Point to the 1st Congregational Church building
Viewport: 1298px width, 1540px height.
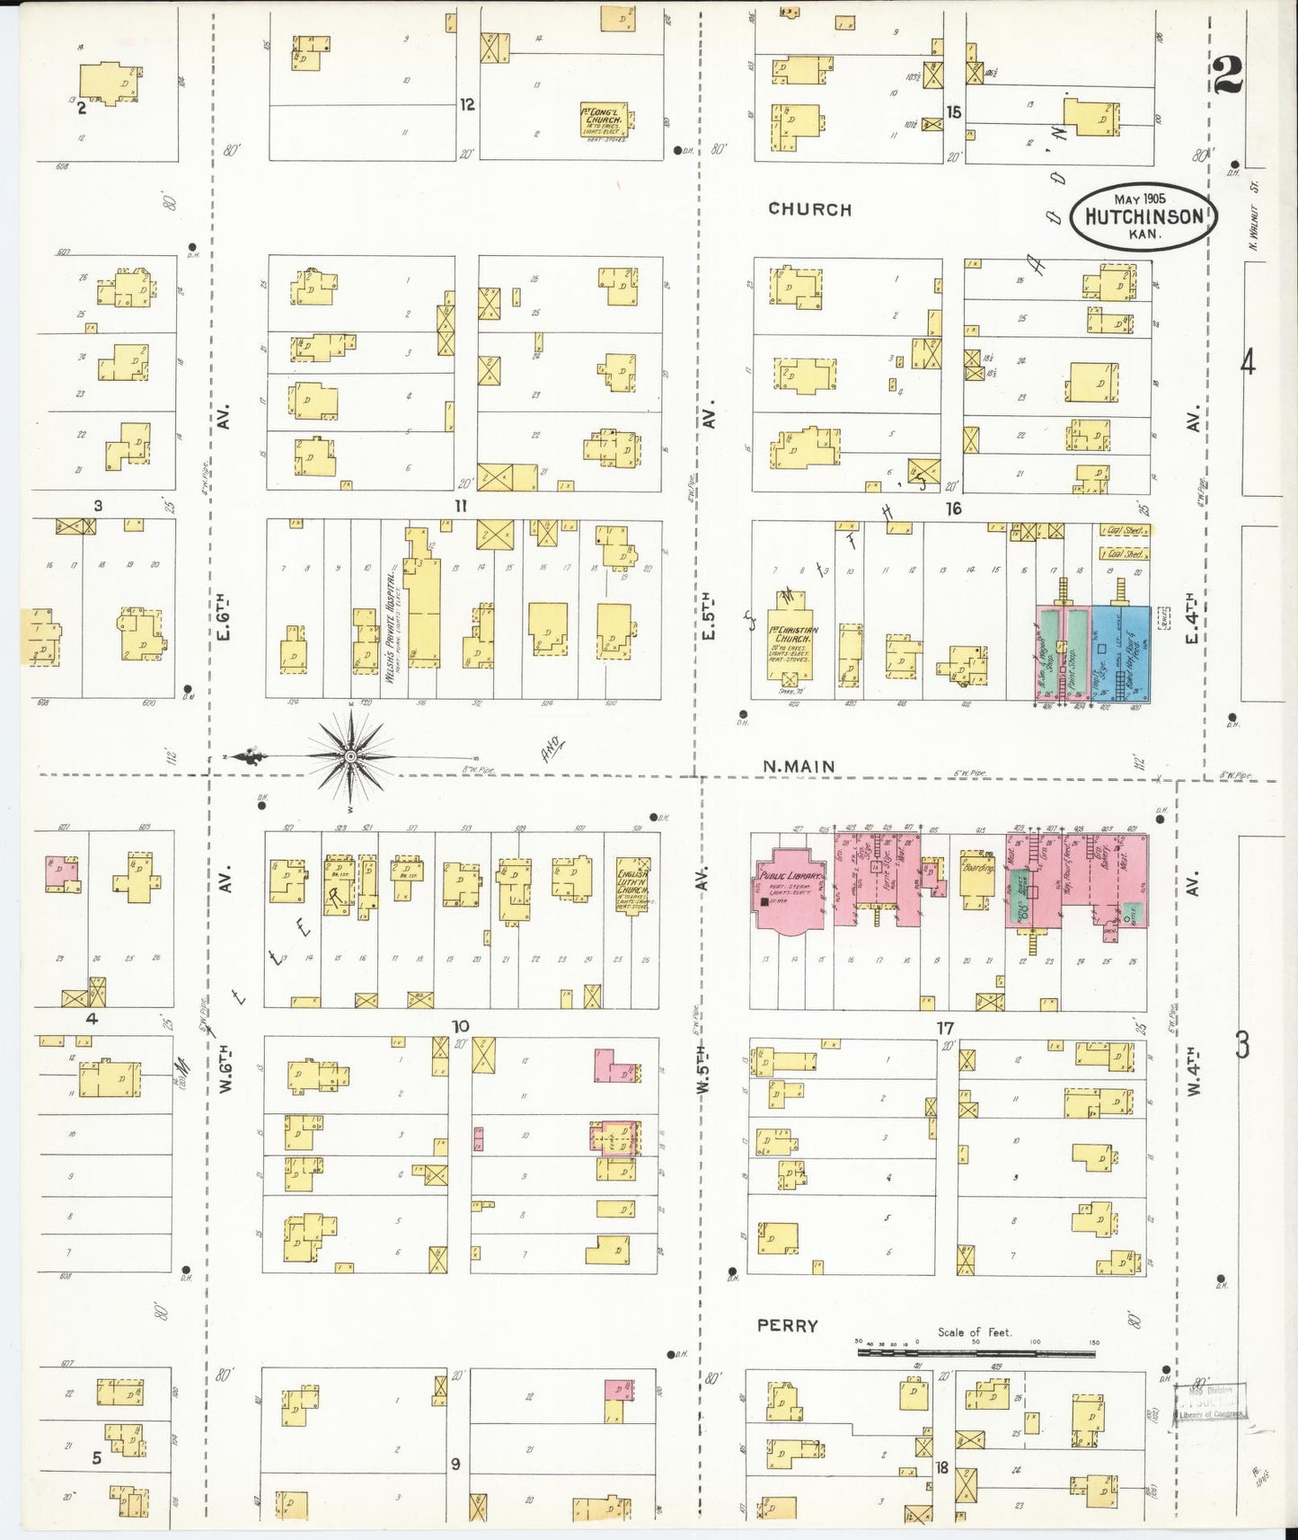605,122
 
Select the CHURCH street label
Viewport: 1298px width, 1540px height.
809,209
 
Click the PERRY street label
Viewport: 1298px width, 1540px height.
787,1325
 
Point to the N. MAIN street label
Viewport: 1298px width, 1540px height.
799,766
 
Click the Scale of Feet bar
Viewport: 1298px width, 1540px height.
977,1350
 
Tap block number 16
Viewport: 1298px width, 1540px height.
953,509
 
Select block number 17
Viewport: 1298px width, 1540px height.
945,1027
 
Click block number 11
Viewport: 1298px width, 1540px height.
461,506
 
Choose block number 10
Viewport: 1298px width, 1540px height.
460,1026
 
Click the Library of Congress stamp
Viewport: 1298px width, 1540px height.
1214,1402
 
